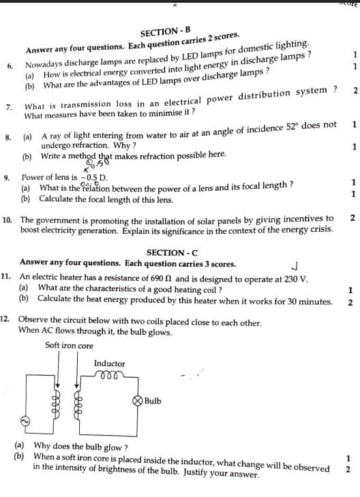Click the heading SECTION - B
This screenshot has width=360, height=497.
click(x=162, y=32)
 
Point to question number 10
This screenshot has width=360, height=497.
click(x=7, y=220)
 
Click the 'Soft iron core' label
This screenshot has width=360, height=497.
click(x=69, y=346)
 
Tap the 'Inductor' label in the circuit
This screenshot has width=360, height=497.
click(x=109, y=364)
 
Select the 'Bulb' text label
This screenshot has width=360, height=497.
click(x=153, y=401)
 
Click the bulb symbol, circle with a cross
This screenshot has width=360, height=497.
click(x=137, y=401)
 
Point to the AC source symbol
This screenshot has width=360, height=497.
click(x=25, y=422)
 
